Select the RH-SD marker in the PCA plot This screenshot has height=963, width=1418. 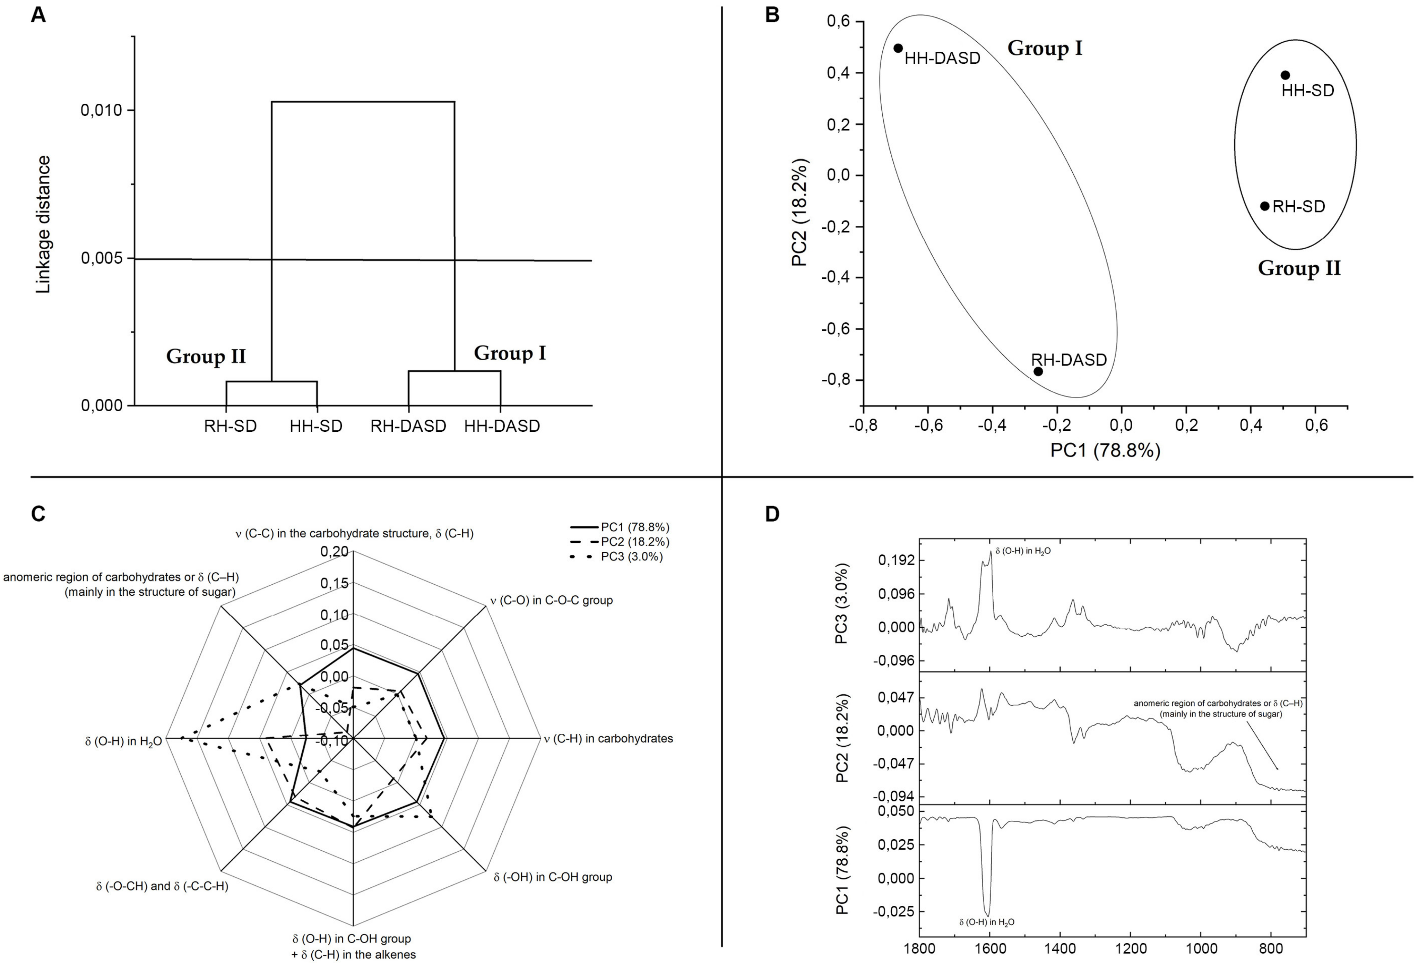pyautogui.click(x=1265, y=206)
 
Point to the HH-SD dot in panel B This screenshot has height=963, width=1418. pyautogui.click(x=1285, y=75)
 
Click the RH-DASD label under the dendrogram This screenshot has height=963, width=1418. pyautogui.click(x=408, y=426)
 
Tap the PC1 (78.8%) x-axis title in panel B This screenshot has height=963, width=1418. pyautogui.click(x=1105, y=450)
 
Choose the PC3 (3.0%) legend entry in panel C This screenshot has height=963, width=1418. pyautogui.click(x=631, y=557)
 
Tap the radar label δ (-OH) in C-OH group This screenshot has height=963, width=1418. pyautogui.click(x=553, y=877)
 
